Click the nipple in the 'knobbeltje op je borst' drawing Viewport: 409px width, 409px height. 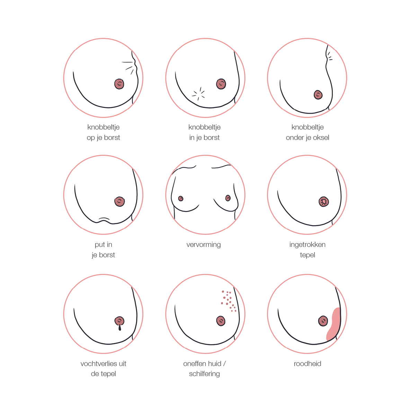pos(119,84)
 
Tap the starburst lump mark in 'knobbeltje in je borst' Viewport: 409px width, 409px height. pos(198,94)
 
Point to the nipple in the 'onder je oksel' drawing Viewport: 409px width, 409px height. pos(318,95)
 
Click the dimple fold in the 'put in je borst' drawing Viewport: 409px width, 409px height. pos(104,218)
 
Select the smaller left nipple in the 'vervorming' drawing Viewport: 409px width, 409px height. pos(180,199)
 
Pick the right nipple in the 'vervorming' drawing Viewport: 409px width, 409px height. pos(228,198)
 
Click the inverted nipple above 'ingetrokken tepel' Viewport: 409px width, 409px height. pos(324,202)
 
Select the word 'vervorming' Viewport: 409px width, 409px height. pos(203,244)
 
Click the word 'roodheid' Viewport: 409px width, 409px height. pos(307,364)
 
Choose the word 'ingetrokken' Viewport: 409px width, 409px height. pos(307,244)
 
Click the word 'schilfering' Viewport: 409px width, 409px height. pos(204,374)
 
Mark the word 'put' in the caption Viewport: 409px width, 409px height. pos(100,245)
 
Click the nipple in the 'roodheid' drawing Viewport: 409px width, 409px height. pos(323,321)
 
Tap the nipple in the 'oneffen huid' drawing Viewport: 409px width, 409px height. pos(221,321)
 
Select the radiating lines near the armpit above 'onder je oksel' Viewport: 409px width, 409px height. pos(330,56)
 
